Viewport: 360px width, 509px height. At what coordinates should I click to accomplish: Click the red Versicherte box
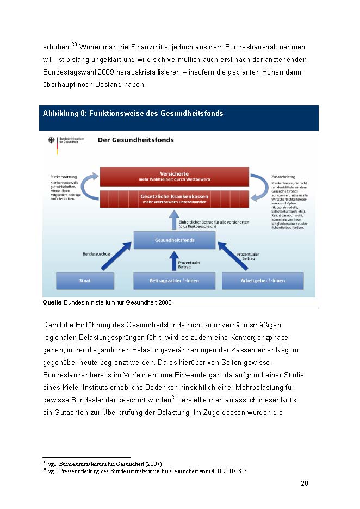tap(174, 176)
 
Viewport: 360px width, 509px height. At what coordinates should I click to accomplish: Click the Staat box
tap(85, 281)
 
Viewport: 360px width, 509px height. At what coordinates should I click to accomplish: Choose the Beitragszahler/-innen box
tap(174, 281)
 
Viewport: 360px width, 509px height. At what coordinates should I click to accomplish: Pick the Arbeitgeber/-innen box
tap(263, 281)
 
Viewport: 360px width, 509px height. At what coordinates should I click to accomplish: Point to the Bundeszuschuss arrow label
tap(96, 253)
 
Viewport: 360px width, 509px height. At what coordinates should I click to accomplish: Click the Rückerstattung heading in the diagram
tap(63, 177)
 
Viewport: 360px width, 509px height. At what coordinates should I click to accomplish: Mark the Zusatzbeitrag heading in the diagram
tap(283, 177)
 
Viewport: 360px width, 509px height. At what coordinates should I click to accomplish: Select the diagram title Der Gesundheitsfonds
tap(135, 140)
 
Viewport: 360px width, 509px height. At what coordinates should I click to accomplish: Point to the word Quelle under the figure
tap(52, 301)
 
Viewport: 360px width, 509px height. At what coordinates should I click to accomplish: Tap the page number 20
tap(305, 483)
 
